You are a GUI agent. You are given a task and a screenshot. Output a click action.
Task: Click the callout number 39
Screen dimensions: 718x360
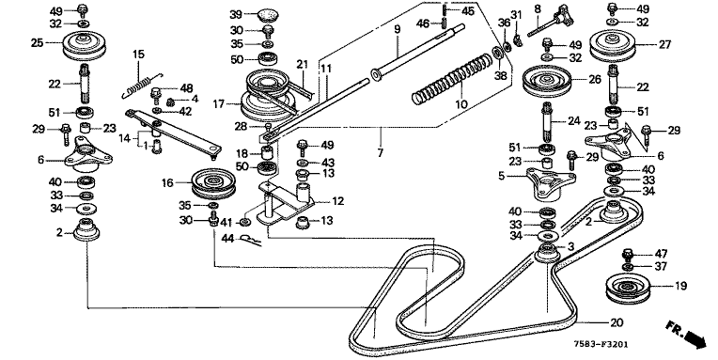pos(236,15)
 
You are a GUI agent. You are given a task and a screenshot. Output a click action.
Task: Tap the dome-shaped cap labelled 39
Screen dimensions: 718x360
pos(267,14)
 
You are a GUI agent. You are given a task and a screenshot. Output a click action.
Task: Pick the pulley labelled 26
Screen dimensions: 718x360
pos(545,82)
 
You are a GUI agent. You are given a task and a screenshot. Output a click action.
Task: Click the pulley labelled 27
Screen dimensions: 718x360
pos(611,46)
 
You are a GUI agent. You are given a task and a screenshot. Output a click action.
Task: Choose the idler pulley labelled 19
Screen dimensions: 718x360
pos(627,288)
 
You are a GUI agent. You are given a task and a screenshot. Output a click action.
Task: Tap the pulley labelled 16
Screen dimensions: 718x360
pos(213,183)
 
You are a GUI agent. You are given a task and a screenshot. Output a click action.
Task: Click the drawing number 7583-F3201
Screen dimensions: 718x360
pos(602,344)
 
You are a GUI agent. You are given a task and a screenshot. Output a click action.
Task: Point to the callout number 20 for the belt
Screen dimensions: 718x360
pos(617,322)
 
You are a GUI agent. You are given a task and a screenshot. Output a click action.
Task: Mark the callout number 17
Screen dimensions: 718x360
pos(218,104)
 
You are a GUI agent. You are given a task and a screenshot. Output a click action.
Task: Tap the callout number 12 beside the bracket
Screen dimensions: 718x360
pos(338,201)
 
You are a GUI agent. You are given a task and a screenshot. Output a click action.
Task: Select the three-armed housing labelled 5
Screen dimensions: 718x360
pos(551,183)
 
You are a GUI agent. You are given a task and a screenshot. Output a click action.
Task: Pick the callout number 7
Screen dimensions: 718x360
pos(381,152)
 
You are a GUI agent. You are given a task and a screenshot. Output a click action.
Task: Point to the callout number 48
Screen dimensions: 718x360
pos(186,88)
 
